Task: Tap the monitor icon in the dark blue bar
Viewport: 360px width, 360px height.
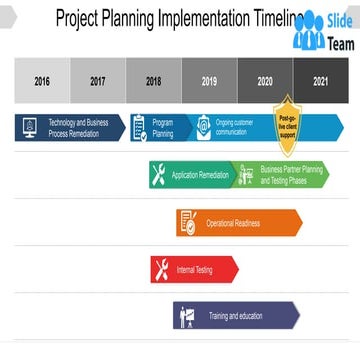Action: [x=29, y=127]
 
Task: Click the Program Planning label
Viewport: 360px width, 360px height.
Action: [x=163, y=127]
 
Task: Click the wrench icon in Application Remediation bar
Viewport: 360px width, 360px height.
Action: [x=159, y=175]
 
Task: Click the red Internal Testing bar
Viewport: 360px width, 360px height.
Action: [x=195, y=269]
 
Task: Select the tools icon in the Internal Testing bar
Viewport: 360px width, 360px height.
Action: [x=161, y=269]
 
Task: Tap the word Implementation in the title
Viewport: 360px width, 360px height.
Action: [x=204, y=17]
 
